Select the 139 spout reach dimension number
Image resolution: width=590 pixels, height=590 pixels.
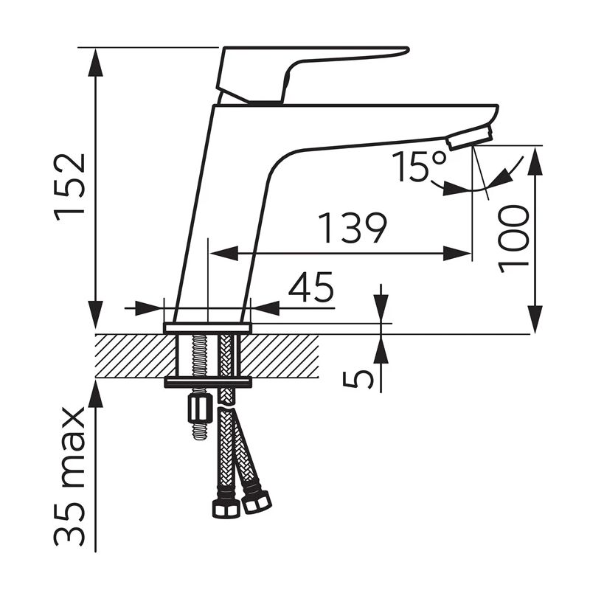(x=353, y=228)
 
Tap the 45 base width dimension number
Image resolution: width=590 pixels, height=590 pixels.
(x=310, y=287)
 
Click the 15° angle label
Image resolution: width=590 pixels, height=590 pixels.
(x=419, y=166)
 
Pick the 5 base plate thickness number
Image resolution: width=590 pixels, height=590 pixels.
(x=358, y=379)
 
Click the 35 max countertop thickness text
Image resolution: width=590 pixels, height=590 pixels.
(x=69, y=477)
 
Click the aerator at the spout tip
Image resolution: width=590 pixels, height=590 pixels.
(x=469, y=139)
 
